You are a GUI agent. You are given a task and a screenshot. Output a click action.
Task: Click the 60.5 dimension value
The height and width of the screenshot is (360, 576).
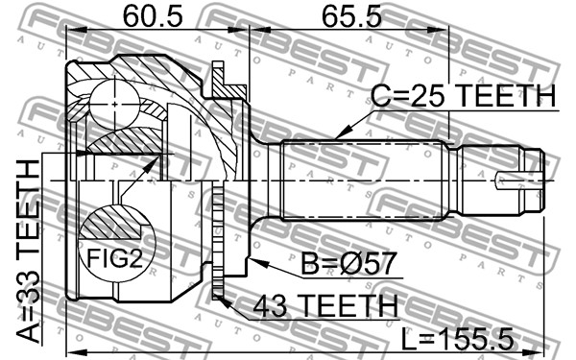pyautogui.click(x=153, y=16)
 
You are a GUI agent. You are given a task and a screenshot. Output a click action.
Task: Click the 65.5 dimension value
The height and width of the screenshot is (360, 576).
pyautogui.click(x=352, y=16)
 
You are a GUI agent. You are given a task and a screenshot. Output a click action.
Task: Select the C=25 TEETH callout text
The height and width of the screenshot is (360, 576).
pyautogui.click(x=464, y=95)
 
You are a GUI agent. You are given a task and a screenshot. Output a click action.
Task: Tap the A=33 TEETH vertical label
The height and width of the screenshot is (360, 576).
pyautogui.click(x=28, y=252)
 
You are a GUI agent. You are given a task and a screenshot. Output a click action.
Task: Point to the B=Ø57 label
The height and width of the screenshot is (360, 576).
pyautogui.click(x=348, y=263)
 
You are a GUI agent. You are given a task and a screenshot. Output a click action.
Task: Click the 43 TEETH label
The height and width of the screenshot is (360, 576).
pyautogui.click(x=325, y=305)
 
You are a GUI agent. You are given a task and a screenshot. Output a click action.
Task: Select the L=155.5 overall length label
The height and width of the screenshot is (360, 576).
pyautogui.click(x=457, y=339)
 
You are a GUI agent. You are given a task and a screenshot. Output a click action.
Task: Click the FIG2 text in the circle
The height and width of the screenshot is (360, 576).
pyautogui.click(x=114, y=258)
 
